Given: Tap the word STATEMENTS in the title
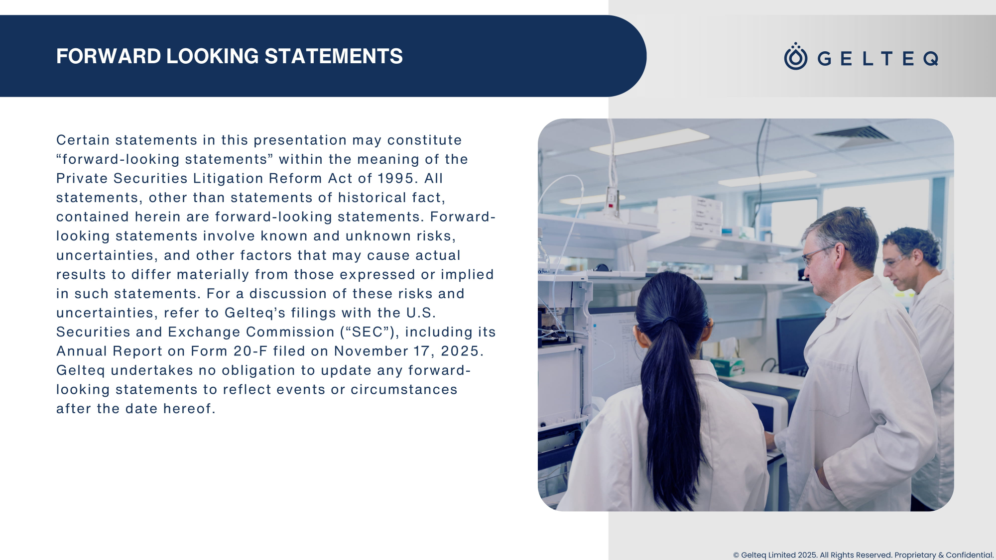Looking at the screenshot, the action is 334,56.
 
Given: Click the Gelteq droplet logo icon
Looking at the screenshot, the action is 796,56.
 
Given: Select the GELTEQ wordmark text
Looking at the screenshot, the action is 878,59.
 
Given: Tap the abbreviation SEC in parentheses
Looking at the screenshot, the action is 367,332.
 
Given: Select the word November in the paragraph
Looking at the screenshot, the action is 371,351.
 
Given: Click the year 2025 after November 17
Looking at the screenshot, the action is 460,351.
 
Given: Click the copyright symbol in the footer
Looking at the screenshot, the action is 736,555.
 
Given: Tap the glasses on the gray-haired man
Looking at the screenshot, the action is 817,255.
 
